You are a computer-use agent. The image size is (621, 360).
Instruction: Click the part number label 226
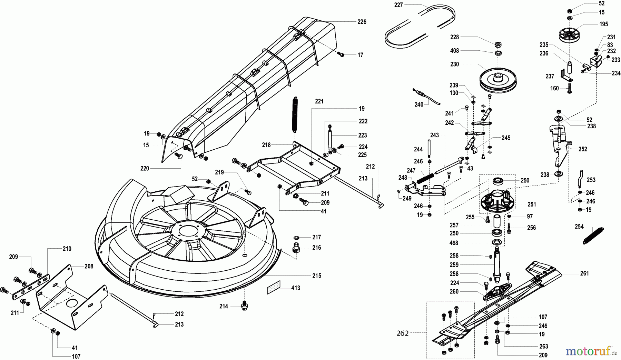click(x=362, y=22)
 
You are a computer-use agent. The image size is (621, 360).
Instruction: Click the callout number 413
click(x=296, y=288)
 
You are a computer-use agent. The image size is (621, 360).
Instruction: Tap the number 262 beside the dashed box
click(x=403, y=333)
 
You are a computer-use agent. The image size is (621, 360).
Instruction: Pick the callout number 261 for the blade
click(x=584, y=273)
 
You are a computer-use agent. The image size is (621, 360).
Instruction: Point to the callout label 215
click(x=316, y=276)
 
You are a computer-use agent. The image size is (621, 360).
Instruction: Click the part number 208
click(x=89, y=266)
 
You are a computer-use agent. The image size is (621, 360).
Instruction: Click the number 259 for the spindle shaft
click(x=454, y=265)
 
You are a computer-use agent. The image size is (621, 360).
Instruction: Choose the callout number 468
click(x=454, y=243)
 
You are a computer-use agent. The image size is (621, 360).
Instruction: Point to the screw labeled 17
click(x=342, y=54)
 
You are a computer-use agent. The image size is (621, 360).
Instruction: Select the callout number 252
click(x=583, y=149)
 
